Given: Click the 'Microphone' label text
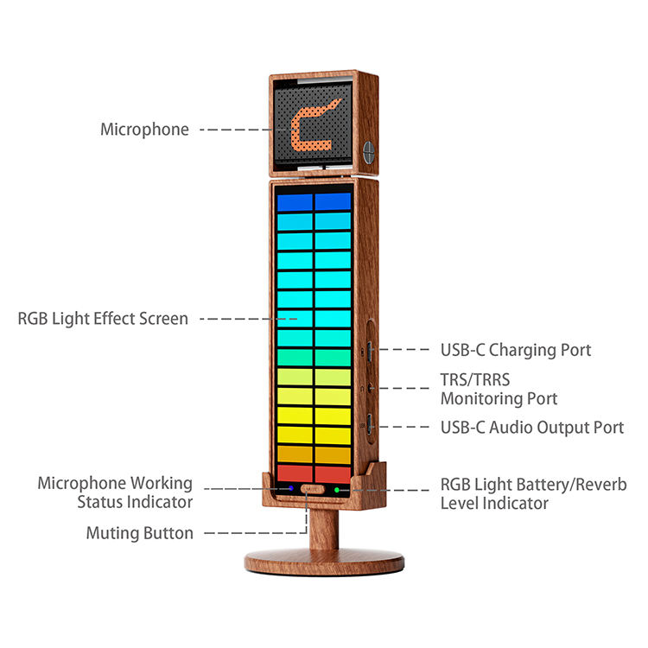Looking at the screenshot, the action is (x=144, y=130).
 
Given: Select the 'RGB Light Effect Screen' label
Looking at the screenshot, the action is (x=103, y=319).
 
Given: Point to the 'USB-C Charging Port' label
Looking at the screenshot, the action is (x=516, y=350).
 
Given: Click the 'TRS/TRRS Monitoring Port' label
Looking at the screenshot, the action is (x=499, y=389).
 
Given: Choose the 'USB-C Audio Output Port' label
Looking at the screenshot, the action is (x=532, y=427).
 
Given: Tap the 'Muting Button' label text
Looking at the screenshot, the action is (x=140, y=533).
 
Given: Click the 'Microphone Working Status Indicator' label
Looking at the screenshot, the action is (x=115, y=492).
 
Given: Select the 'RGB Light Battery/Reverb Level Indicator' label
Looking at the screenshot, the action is (x=533, y=492).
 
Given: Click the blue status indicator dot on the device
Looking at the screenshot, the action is (x=290, y=489).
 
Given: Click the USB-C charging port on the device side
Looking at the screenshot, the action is (x=369, y=351).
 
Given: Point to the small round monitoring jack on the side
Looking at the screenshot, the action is (x=369, y=388).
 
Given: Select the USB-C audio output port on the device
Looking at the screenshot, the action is (x=369, y=425).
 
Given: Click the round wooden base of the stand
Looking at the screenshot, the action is (x=324, y=563).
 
